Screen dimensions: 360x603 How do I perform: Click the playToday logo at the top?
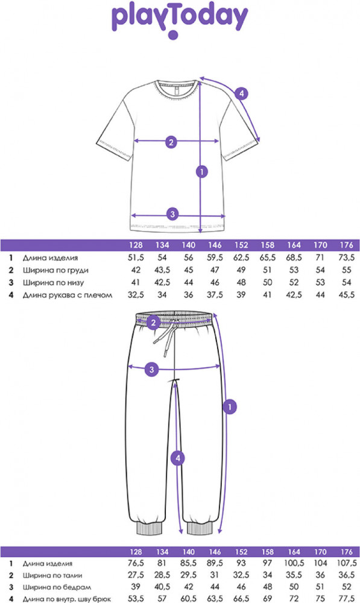click(x=179, y=21)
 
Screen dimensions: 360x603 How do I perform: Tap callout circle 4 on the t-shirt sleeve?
click(x=241, y=93)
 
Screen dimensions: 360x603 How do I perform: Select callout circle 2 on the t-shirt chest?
click(x=171, y=142)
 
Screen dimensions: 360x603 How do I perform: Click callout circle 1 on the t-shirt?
click(x=202, y=171)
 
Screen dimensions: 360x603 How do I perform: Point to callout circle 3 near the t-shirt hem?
click(x=172, y=214)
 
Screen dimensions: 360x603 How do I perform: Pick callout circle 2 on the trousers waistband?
click(x=153, y=322)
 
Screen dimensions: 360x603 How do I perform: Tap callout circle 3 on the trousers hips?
click(x=151, y=370)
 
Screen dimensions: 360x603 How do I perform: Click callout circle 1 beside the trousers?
click(x=230, y=407)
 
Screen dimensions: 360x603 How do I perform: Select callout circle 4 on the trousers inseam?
click(x=178, y=458)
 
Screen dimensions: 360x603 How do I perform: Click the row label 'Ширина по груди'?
click(x=55, y=270)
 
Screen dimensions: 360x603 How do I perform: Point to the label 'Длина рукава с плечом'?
click(x=68, y=295)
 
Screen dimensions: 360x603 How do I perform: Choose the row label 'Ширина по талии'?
click(x=52, y=576)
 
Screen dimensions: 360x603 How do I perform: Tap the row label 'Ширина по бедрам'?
click(x=57, y=587)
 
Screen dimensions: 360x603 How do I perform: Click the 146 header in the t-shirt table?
click(x=215, y=245)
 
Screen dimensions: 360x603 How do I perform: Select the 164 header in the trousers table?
click(x=294, y=552)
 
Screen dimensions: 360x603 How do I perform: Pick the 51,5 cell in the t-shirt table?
click(x=136, y=258)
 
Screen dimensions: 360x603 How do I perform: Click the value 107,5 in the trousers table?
click(x=347, y=563)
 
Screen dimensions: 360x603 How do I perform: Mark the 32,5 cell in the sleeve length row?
click(x=136, y=295)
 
